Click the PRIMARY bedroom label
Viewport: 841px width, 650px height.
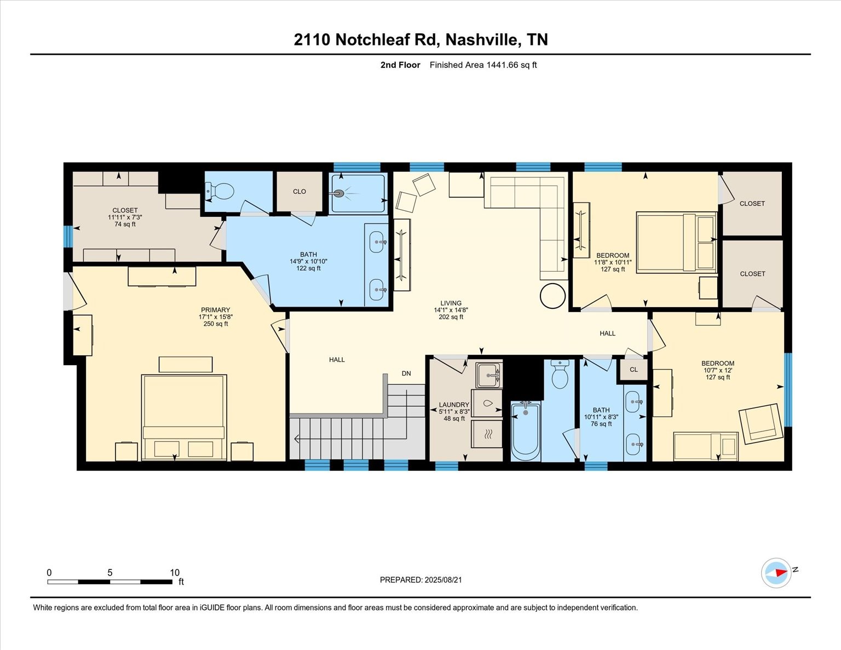tap(215, 310)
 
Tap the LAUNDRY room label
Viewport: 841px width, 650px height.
tap(454, 405)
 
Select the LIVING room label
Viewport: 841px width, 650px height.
tap(451, 303)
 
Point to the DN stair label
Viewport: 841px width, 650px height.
tap(406, 373)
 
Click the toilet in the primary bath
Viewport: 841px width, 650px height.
tap(220, 191)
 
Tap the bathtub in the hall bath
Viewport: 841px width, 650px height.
tap(525, 431)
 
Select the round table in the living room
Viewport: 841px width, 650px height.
tap(552, 296)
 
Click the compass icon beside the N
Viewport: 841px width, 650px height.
tap(776, 573)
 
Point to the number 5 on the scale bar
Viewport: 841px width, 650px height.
tap(110, 573)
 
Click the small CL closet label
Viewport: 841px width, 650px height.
tap(633, 370)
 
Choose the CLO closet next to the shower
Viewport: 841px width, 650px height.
tap(299, 192)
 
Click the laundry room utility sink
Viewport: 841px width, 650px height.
tap(489, 375)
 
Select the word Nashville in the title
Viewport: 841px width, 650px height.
tap(483, 39)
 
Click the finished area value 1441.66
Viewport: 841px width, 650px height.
tap(502, 65)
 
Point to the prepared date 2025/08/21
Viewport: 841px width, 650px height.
tap(443, 580)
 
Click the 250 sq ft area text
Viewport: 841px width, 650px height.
tap(216, 324)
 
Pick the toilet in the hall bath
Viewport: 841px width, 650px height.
tap(560, 374)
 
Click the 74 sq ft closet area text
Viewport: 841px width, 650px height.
tap(125, 224)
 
